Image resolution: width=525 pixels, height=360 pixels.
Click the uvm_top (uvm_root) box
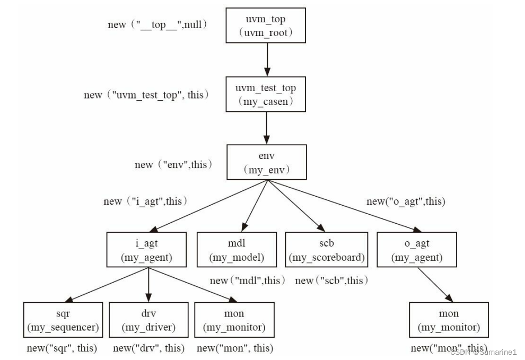tap(266, 26)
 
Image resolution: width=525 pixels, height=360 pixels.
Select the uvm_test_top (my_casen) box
tap(266, 94)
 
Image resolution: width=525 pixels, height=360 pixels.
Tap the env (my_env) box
tap(267, 162)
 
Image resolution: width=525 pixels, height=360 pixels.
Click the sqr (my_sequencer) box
tap(63, 320)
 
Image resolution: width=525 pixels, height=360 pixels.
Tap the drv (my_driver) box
tap(148, 320)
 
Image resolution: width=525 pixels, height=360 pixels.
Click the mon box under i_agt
tap(234, 320)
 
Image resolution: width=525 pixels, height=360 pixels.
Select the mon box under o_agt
tap(449, 320)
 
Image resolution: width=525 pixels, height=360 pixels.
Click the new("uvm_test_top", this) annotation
tap(146, 95)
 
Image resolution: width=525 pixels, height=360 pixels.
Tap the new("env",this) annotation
tap(173, 164)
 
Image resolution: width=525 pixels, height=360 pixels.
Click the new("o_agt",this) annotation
tap(406, 201)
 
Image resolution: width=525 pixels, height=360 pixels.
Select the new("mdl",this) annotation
tap(248, 280)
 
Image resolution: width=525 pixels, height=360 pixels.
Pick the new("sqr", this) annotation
tap(62, 348)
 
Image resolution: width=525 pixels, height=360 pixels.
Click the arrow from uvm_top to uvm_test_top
tap(267, 60)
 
